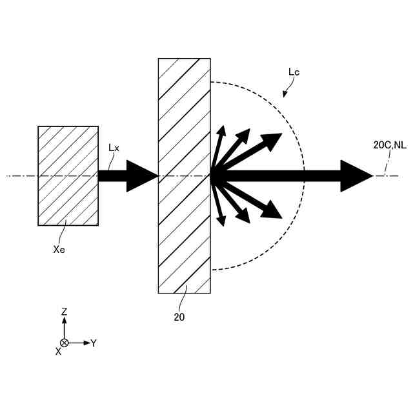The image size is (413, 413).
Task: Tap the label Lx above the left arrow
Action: [114, 148]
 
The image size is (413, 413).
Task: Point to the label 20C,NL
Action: [390, 146]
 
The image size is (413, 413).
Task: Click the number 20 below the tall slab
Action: [179, 317]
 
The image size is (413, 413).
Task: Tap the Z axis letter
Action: [64, 312]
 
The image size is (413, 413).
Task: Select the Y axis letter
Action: [94, 343]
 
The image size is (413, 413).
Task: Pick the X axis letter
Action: [58, 352]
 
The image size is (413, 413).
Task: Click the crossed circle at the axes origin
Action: [64, 343]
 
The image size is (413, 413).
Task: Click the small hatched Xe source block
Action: [68, 176]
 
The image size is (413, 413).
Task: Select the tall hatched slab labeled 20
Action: [185, 176]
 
